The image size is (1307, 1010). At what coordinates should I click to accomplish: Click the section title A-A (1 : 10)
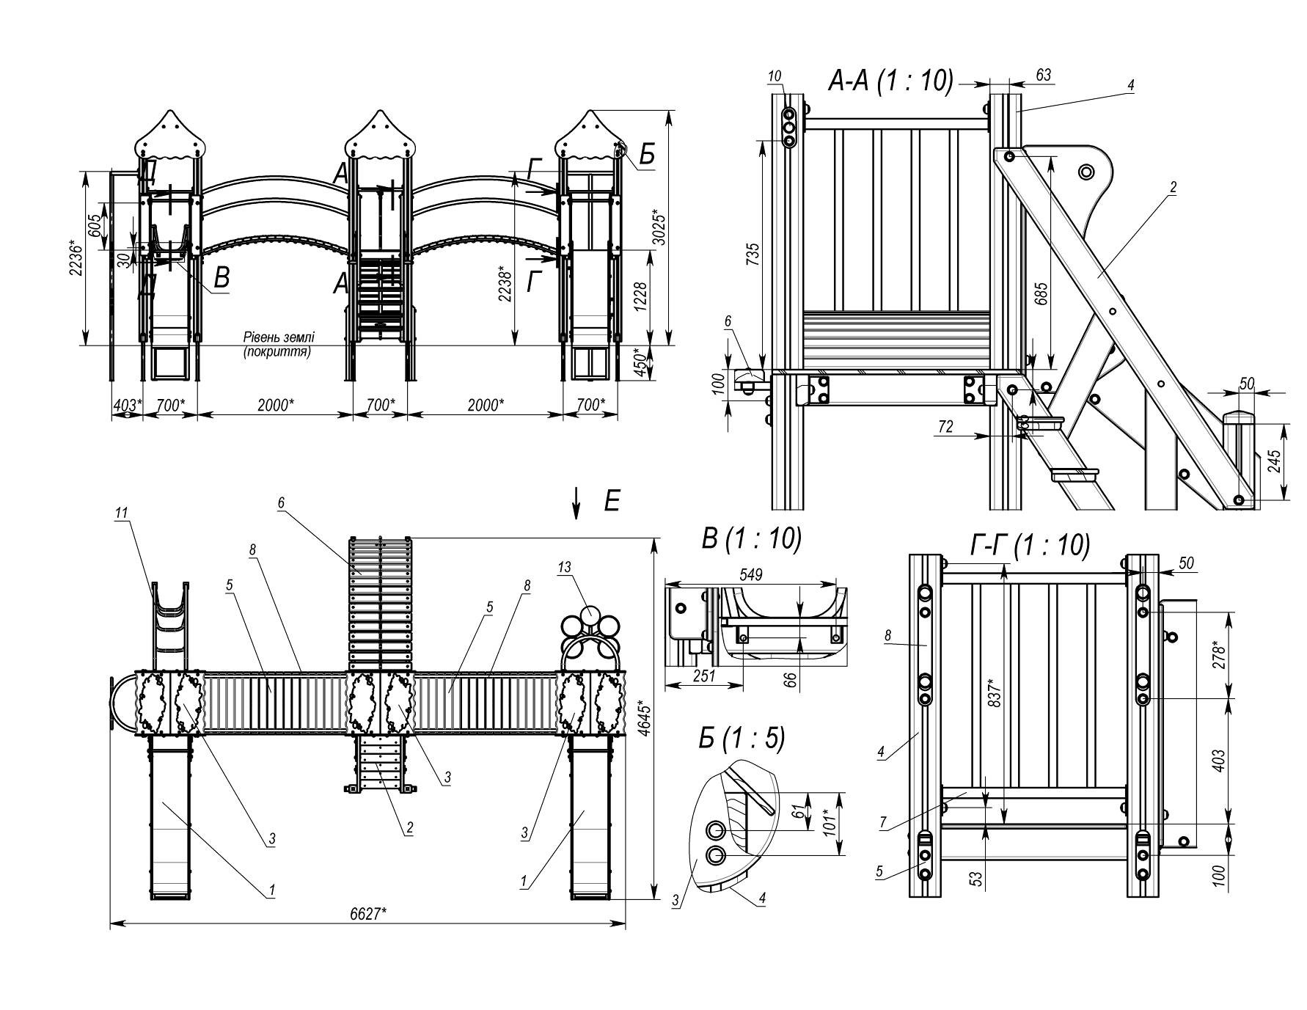click(890, 81)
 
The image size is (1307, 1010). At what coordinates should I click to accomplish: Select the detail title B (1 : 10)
click(751, 539)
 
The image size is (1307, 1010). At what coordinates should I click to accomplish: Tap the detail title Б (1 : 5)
click(741, 739)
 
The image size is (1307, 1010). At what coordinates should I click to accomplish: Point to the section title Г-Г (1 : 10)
click(1030, 545)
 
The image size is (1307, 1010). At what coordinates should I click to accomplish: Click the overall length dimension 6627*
click(367, 914)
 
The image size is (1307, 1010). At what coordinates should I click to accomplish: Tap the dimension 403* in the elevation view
click(127, 404)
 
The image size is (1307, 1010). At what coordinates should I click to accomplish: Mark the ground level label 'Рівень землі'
click(279, 337)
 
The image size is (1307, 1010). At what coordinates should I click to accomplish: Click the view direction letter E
click(612, 502)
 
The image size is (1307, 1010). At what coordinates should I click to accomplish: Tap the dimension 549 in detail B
click(752, 575)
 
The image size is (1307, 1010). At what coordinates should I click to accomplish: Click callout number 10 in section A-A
click(775, 76)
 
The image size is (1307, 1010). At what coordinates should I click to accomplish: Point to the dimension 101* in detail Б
click(830, 824)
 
